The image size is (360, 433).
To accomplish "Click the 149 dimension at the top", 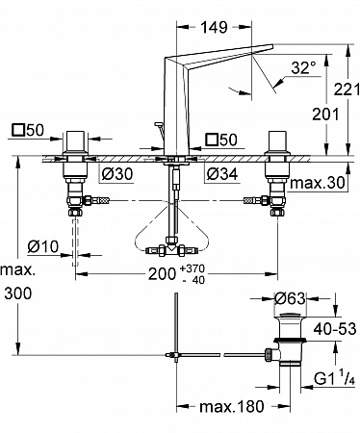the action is [214, 27].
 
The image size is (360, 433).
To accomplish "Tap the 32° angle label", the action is [303, 68].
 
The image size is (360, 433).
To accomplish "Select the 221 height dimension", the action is [347, 89].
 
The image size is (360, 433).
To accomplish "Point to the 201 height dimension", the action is [325, 115].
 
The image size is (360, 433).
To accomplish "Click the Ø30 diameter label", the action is [117, 174].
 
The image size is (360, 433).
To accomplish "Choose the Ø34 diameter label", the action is [222, 174].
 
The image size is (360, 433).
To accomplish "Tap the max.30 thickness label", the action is [318, 183].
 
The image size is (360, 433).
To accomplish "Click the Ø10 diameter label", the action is [43, 246].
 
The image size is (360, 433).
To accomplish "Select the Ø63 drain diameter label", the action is [290, 299].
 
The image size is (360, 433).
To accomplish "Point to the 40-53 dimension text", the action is [335, 329].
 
